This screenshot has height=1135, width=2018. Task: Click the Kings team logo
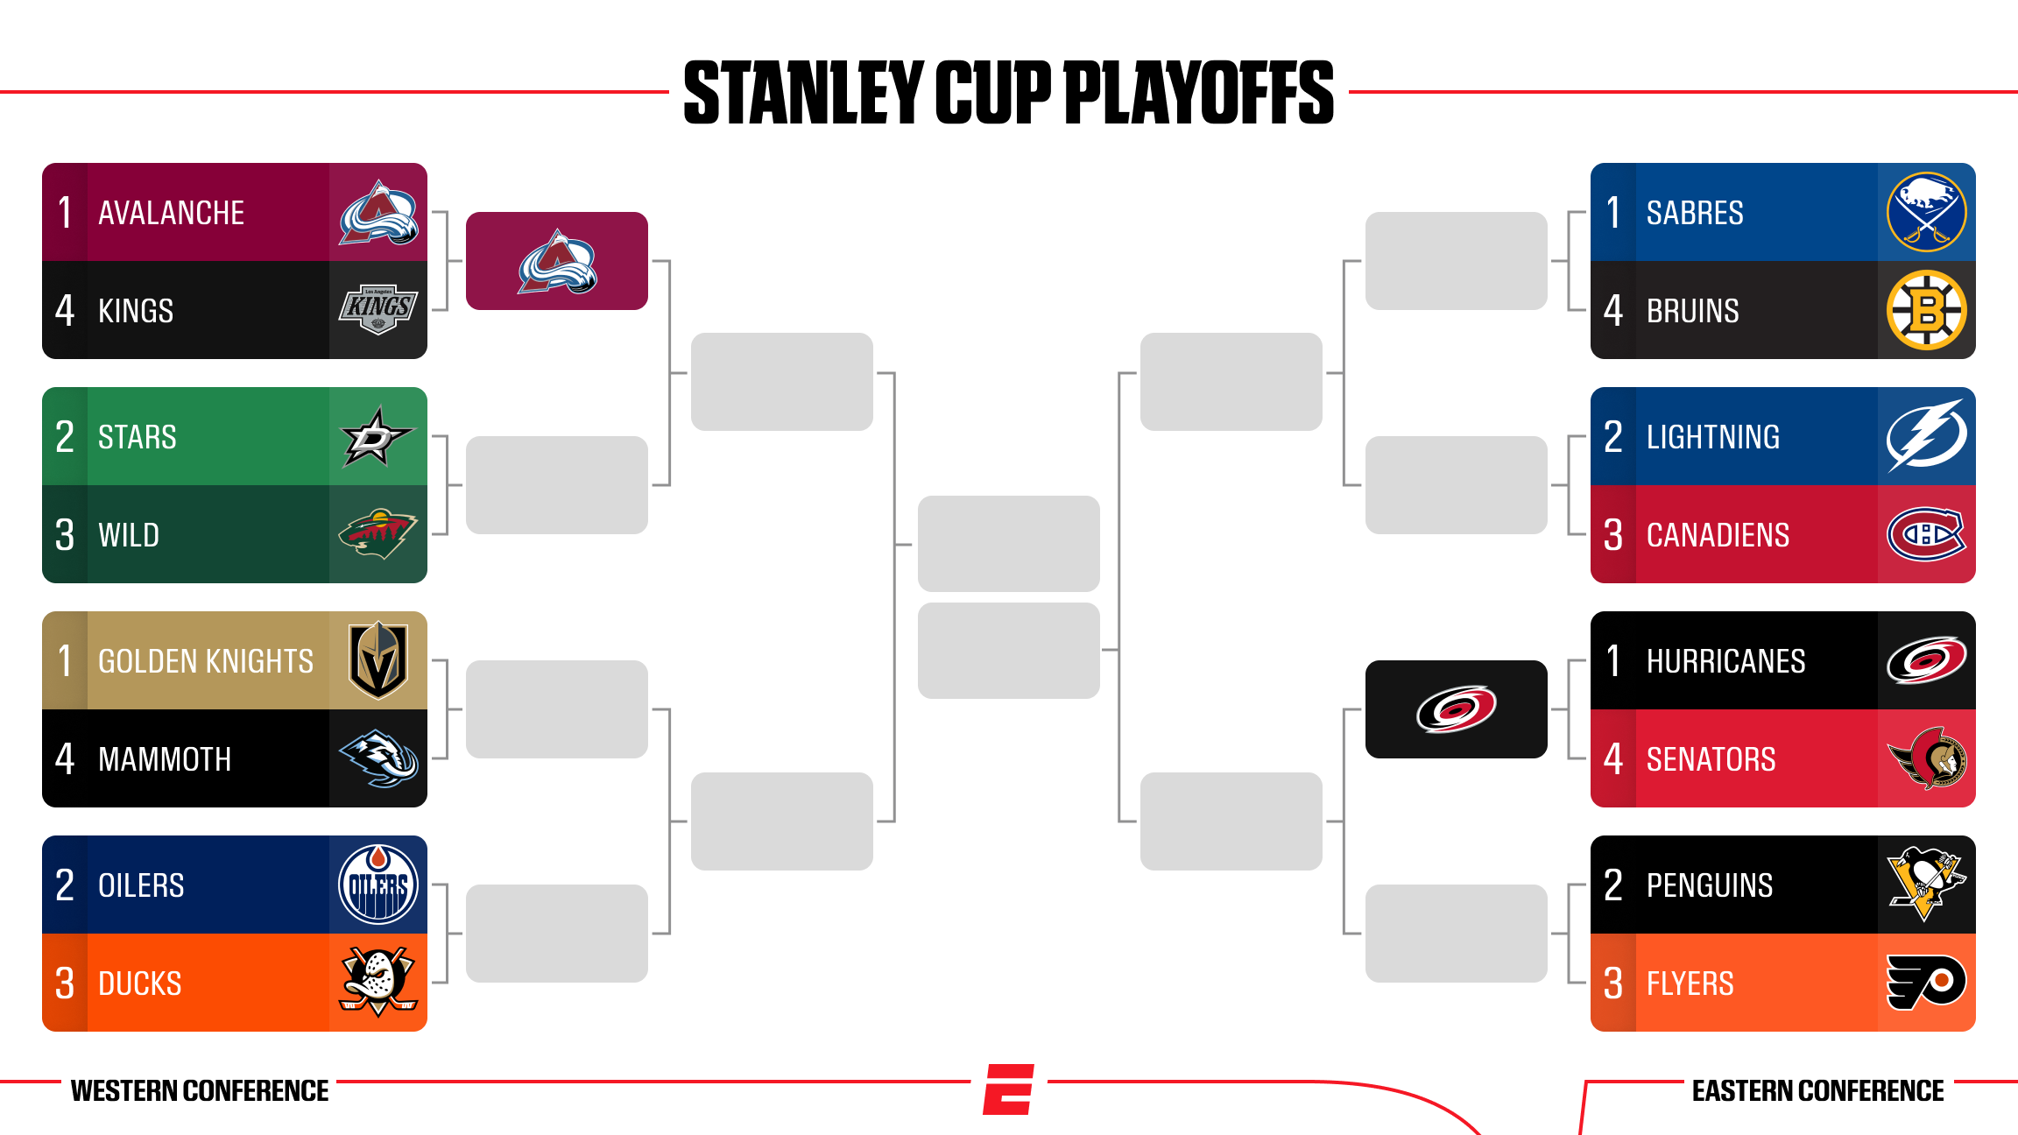pos(378,309)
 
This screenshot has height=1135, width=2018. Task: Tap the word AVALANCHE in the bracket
pos(171,213)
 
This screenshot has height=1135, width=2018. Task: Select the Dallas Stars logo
pos(377,436)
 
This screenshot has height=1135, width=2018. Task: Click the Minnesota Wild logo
pos(377,533)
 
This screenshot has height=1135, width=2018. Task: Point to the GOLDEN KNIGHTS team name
pos(206,661)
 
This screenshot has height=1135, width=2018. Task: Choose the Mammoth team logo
pos(378,758)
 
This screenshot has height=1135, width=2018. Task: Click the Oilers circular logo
pos(378,885)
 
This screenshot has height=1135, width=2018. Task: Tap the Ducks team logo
pos(378,982)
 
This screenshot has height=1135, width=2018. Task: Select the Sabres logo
pos(1927,212)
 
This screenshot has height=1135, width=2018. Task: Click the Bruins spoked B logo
pos(1927,310)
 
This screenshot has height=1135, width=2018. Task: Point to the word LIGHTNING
pos(1713,437)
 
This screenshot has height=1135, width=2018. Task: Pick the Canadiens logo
pos(1927,534)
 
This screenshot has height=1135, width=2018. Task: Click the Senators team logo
pos(1927,758)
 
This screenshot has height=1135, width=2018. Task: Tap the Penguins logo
pos(1927,884)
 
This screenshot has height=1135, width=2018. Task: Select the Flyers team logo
pos(1927,982)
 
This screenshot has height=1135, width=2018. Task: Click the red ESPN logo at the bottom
pos(1009,1089)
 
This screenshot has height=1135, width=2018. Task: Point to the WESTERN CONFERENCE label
pos(200,1091)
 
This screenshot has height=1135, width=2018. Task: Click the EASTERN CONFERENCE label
pos(1818,1091)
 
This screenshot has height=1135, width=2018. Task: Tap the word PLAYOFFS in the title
pos(1199,92)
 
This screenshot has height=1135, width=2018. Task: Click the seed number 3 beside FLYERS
pos(1613,983)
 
